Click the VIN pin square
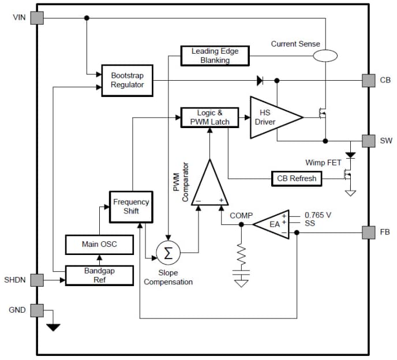point(37,17)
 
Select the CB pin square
point(369,80)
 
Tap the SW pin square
point(369,141)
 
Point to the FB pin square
point(369,232)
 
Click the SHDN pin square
point(37,280)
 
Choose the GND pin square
point(37,310)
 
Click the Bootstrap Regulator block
point(127,80)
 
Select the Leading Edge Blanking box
point(215,55)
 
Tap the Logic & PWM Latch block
point(205,117)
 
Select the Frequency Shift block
point(131,207)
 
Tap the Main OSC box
point(99,244)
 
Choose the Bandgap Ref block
point(99,275)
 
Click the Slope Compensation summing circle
point(168,252)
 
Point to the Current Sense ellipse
point(325,55)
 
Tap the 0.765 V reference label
point(318,215)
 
